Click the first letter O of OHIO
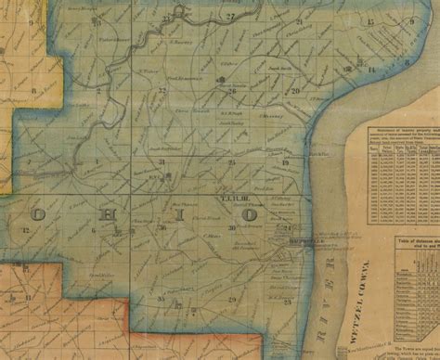(42, 214)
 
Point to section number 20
(294, 91)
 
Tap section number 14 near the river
(370, 70)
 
